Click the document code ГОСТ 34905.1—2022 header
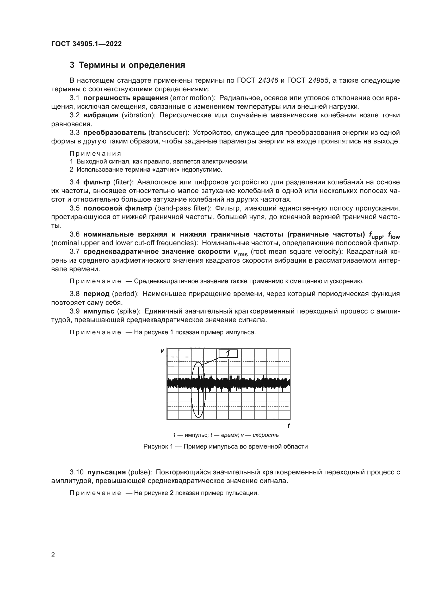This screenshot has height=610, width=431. [87, 44]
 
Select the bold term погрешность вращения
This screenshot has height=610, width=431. [126, 98]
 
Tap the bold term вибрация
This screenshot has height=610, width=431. [101, 115]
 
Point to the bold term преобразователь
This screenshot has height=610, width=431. [115, 132]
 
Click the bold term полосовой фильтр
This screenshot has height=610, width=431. [118, 208]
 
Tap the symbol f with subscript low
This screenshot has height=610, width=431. [394, 235]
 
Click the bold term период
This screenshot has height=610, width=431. [96, 294]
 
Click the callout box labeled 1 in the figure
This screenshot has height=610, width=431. [228, 354]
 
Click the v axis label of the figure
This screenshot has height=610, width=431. [162, 351]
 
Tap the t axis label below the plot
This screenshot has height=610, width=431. [288, 426]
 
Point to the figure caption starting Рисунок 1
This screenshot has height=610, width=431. [225, 446]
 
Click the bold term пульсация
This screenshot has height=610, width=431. [106, 472]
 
